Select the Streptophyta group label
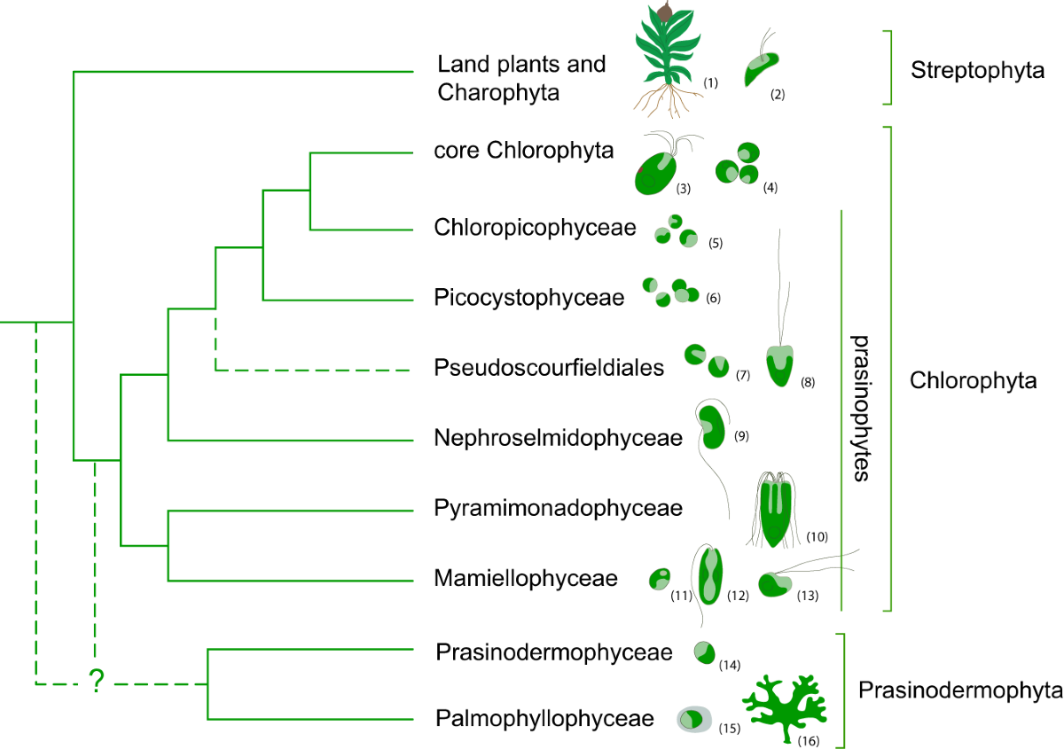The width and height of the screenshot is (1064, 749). pos(977,71)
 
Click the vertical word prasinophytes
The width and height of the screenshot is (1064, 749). pos(857,408)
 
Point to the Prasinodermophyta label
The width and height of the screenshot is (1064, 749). pos(960,690)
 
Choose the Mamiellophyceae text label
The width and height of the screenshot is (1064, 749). pos(526,579)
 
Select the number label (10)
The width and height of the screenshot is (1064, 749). pos(817,536)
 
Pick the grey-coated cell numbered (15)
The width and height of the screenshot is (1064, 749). pos(694,719)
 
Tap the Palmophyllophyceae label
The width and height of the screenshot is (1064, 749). pos(544,719)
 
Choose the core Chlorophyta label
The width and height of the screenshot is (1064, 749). pos(524,150)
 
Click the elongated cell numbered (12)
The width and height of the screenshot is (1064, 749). pos(710,576)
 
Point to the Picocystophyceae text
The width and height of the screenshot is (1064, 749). pos(529,297)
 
